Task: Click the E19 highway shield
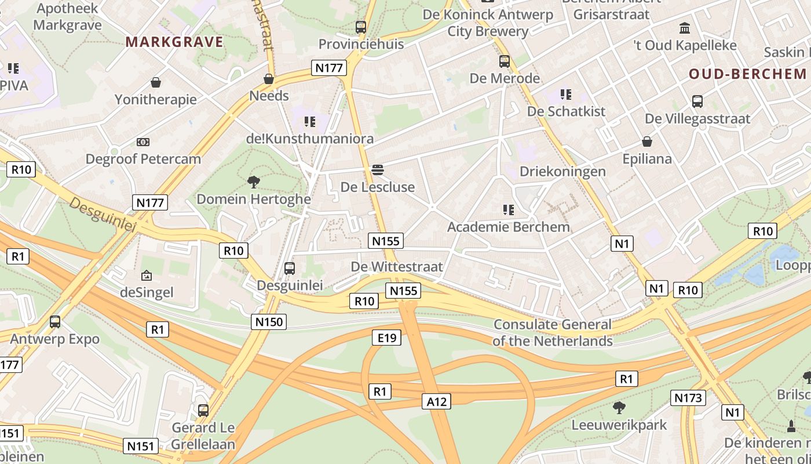click(386, 337)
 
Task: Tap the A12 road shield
click(437, 401)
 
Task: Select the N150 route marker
click(269, 322)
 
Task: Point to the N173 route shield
click(688, 398)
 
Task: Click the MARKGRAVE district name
click(174, 42)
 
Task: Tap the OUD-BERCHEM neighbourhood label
click(747, 74)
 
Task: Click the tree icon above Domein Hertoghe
click(253, 182)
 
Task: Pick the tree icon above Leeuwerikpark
click(619, 408)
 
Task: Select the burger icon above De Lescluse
click(378, 170)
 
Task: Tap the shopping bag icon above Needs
click(269, 78)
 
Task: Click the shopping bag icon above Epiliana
click(646, 142)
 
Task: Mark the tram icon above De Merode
click(505, 61)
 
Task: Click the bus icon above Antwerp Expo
click(55, 321)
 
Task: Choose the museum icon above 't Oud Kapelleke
click(685, 28)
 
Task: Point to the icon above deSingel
click(146, 275)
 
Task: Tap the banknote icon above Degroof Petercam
click(143, 142)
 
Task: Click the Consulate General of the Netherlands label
click(552, 333)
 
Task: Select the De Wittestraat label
click(397, 267)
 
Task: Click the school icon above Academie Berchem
click(509, 209)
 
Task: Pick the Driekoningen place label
click(562, 172)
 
